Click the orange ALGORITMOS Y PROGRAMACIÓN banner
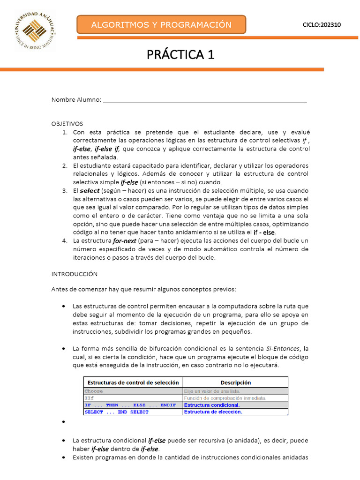[161, 25]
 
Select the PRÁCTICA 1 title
[180, 55]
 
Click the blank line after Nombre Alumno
[205, 99]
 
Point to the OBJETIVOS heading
[67, 124]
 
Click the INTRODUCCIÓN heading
[74, 274]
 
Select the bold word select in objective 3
[90, 191]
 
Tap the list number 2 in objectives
[65, 165]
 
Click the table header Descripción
[235, 382]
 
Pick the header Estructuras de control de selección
[133, 382]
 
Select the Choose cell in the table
[94, 391]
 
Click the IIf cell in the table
[89, 398]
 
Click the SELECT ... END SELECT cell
[116, 412]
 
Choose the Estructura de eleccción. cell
[213, 412]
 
